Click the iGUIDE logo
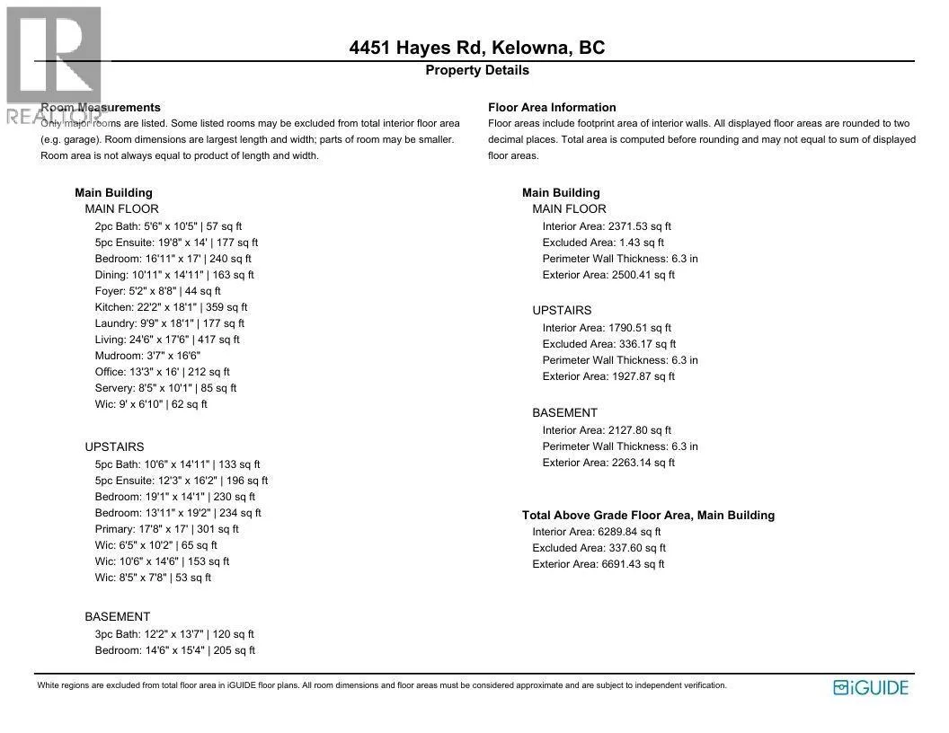point(871,688)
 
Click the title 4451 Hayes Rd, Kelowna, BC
point(477,48)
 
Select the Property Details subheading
point(477,70)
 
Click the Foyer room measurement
point(157,291)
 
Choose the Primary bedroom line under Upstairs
point(166,529)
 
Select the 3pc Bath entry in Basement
point(174,634)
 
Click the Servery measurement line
point(165,388)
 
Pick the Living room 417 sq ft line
point(167,340)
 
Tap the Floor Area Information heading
point(552,107)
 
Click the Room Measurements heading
point(101,107)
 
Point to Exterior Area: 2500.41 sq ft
point(608,275)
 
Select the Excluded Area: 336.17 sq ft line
point(609,344)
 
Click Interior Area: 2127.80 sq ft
point(607,430)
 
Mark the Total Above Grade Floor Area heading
point(648,516)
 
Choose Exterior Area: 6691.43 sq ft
point(599,564)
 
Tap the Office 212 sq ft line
point(162,372)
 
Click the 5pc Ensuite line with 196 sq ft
point(181,481)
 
